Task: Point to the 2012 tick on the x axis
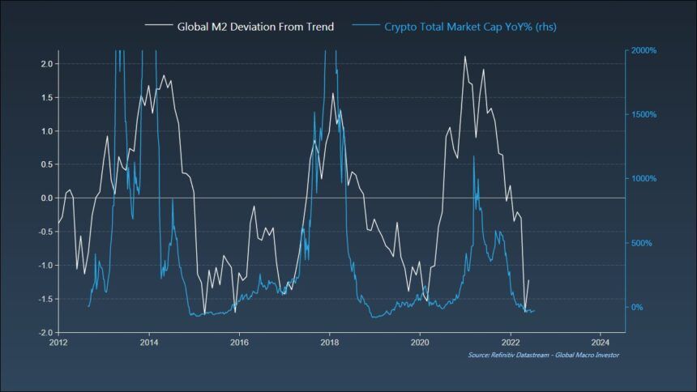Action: click(58, 343)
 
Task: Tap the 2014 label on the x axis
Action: click(148, 343)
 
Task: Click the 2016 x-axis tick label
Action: click(239, 343)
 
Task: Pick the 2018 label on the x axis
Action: click(329, 343)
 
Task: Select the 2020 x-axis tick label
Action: click(420, 343)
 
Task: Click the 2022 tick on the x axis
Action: click(511, 343)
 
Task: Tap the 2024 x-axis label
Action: click(601, 343)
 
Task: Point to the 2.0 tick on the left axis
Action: click(45, 64)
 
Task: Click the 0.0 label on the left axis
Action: click(45, 198)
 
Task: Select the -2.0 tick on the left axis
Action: click(44, 333)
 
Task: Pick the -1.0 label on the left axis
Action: click(44, 266)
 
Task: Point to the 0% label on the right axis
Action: click(638, 308)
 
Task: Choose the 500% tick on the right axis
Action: click(642, 244)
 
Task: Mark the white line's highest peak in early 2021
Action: click(464, 56)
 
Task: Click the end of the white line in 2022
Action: click(528, 280)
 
